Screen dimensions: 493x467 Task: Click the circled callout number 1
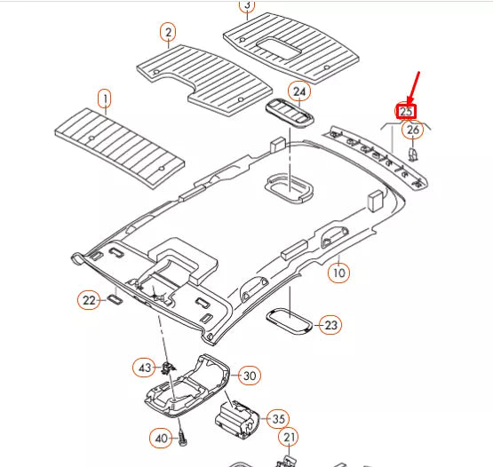pyautogui.click(x=105, y=99)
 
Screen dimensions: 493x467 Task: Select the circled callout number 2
pyautogui.click(x=168, y=32)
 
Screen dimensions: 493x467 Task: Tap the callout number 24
pyautogui.click(x=299, y=91)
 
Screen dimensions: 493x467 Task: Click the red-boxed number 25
pyautogui.click(x=406, y=112)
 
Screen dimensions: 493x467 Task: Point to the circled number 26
pyautogui.click(x=413, y=130)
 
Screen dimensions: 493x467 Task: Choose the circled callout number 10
pyautogui.click(x=338, y=273)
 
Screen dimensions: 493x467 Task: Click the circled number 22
pyautogui.click(x=89, y=300)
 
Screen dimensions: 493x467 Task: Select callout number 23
pyautogui.click(x=330, y=325)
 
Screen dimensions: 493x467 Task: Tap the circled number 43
pyautogui.click(x=144, y=368)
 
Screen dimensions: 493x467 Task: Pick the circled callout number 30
pyautogui.click(x=250, y=376)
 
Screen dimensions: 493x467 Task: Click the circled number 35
pyautogui.click(x=278, y=418)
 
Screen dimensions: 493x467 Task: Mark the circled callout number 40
pyautogui.click(x=161, y=438)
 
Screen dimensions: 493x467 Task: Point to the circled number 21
pyautogui.click(x=289, y=437)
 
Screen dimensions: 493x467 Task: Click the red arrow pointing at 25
pyautogui.click(x=413, y=88)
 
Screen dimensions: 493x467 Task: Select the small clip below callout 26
pyautogui.click(x=413, y=154)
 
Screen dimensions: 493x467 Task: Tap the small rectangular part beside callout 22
pyautogui.click(x=115, y=299)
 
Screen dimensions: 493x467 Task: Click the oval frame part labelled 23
pyautogui.click(x=290, y=321)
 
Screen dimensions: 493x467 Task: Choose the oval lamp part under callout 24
pyautogui.click(x=290, y=113)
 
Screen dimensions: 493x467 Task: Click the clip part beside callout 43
pyautogui.click(x=168, y=368)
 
